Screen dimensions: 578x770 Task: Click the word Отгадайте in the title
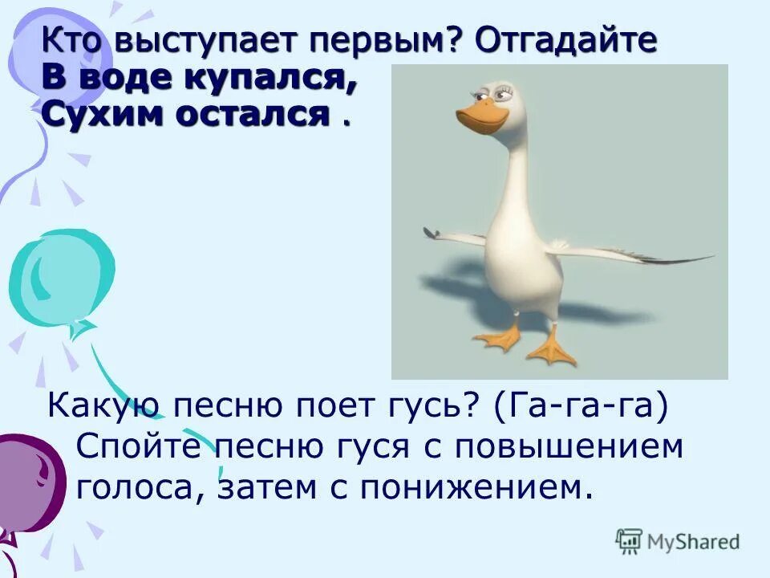tap(565, 41)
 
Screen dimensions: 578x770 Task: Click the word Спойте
tap(137, 447)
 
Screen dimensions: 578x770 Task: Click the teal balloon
tap(60, 277)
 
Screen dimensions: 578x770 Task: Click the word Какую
tap(100, 410)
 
